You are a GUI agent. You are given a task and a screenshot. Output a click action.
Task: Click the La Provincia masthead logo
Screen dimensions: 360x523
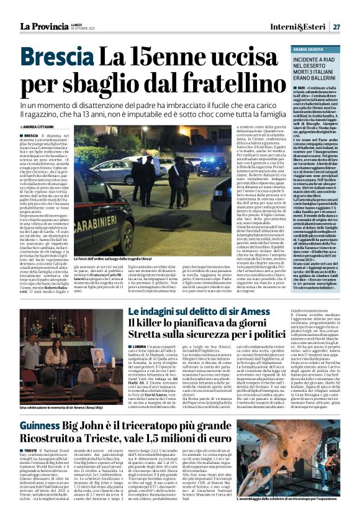[x=45, y=27]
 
